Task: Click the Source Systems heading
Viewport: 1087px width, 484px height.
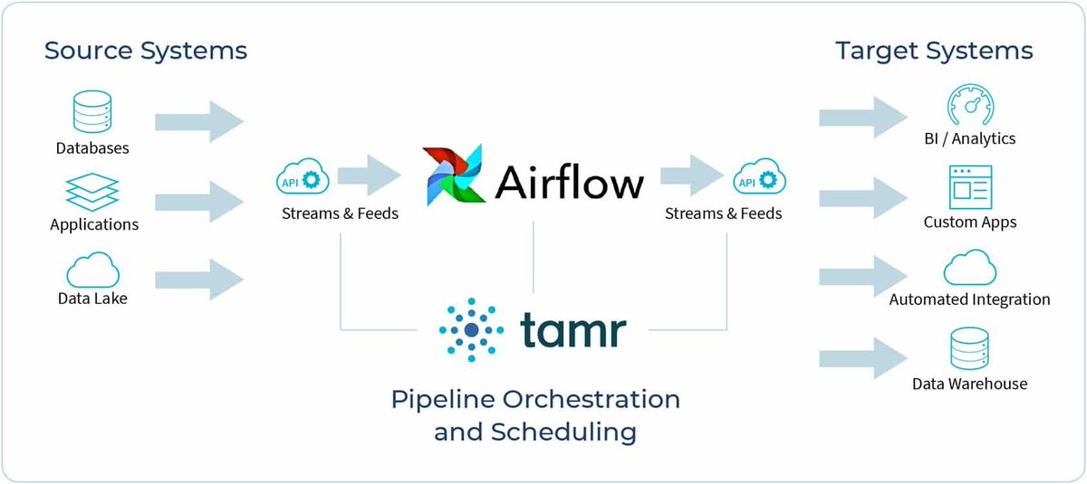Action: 146,51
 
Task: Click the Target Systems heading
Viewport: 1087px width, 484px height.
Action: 934,51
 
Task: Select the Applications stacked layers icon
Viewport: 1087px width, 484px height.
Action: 91,193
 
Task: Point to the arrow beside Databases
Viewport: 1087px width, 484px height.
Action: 199,121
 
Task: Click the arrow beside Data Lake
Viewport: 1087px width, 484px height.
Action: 199,277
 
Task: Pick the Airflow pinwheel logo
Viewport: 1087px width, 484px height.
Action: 454,176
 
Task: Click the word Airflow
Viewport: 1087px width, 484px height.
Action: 569,181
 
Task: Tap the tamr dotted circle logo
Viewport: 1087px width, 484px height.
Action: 471,330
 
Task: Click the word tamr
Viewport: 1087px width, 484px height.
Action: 572,330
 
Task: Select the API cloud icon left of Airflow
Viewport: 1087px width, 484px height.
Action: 302,179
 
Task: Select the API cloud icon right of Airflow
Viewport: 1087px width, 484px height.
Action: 757,179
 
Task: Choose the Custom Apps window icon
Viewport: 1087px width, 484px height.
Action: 969,187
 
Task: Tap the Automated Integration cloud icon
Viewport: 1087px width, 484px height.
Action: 969,268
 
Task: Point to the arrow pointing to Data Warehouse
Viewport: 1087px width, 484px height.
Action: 862,357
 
